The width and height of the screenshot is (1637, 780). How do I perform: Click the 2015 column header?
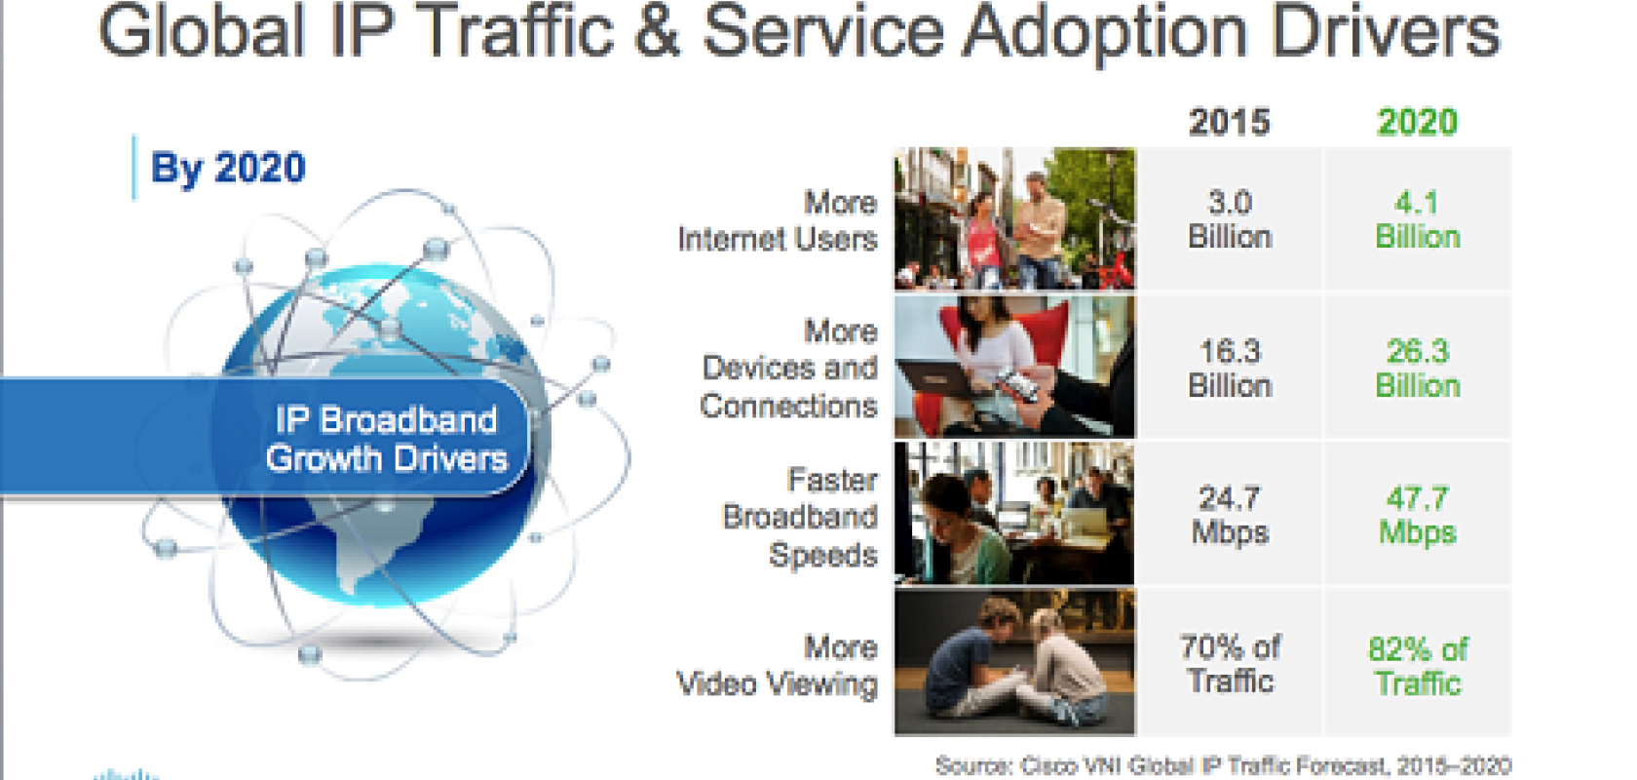[1230, 122]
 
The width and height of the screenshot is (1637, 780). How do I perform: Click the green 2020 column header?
[1417, 122]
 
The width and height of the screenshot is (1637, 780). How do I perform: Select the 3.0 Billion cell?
[1230, 219]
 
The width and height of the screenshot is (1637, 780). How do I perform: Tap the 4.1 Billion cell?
[1418, 219]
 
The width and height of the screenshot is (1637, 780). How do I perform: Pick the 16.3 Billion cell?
[1230, 369]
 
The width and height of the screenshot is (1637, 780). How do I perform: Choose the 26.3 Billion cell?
[1418, 369]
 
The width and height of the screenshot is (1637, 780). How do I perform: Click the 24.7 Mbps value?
[1230, 516]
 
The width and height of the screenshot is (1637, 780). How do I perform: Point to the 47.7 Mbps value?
[1418, 516]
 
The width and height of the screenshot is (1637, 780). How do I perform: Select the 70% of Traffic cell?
[1230, 664]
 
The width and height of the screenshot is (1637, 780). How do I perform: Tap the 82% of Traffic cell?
[1418, 665]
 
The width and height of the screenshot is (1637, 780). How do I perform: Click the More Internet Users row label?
[778, 220]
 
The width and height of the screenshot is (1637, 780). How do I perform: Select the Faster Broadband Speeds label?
[800, 518]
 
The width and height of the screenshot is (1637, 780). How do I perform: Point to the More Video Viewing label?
[778, 666]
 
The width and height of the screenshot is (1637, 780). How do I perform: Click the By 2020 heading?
[227, 168]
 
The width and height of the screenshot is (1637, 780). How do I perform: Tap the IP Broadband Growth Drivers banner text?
[387, 440]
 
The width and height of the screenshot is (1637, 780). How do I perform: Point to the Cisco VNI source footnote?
[1224, 766]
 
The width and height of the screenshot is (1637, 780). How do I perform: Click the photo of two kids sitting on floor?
[1015, 662]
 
